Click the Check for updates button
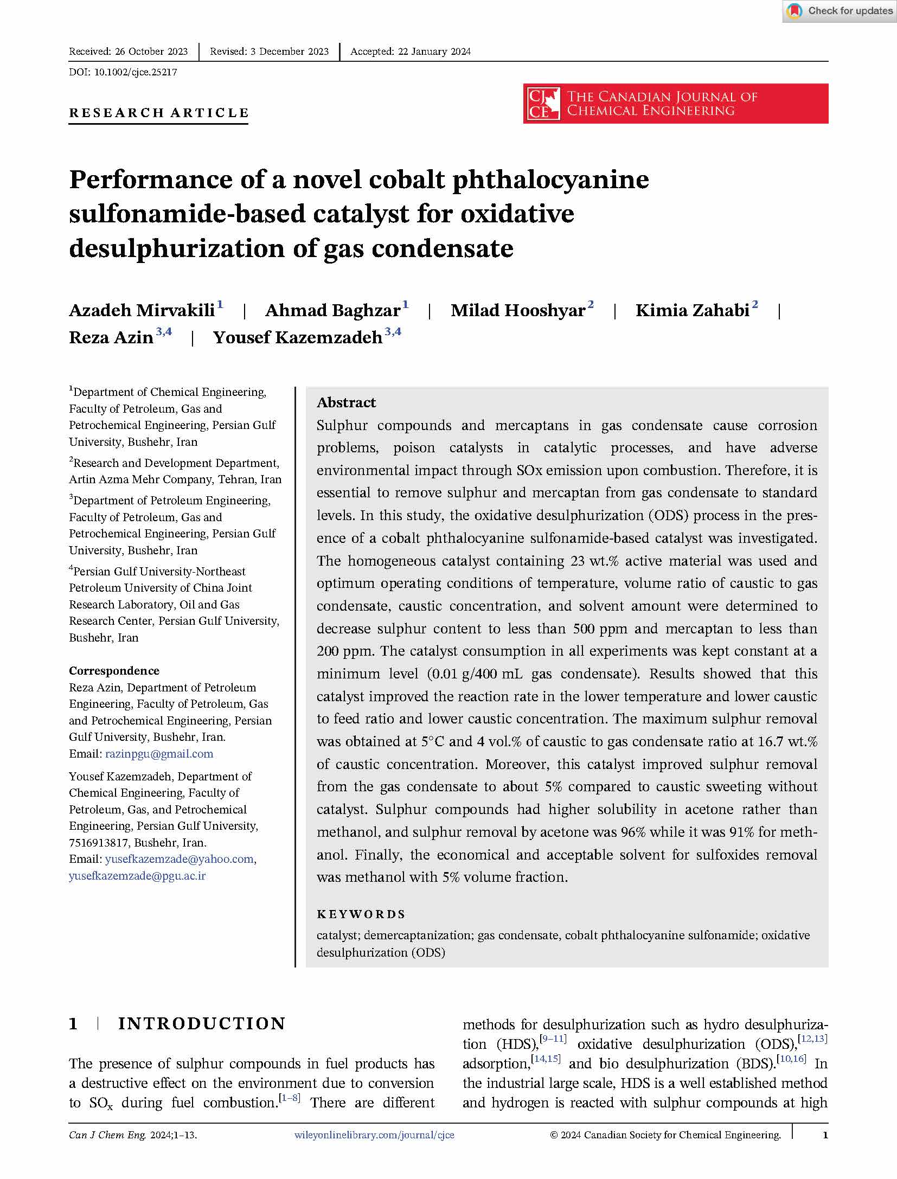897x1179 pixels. click(840, 11)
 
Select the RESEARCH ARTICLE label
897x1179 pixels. click(158, 113)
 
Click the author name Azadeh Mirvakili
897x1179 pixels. click(142, 310)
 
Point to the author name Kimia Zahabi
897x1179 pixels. click(692, 310)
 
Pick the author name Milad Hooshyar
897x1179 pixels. click(518, 310)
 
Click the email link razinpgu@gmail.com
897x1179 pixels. click(159, 753)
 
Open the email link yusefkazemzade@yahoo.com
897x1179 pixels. click(180, 858)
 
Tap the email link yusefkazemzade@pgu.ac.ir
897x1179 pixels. click(137, 875)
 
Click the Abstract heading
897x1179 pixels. click(346, 402)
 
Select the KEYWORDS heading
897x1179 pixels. click(361, 914)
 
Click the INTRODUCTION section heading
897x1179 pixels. click(202, 1024)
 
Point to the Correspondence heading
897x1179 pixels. click(114, 671)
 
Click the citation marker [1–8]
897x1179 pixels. click(289, 1099)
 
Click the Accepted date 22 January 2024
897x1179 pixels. click(410, 52)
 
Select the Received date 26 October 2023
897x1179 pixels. click(128, 52)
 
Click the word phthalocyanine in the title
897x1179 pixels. click(550, 180)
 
